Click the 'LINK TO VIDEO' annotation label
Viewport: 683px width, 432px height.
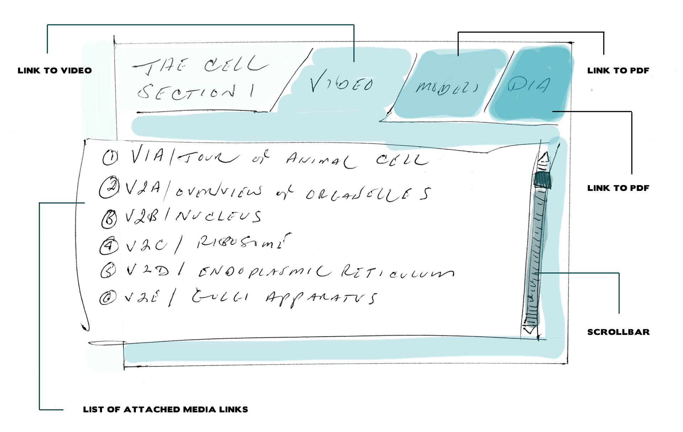point(55,70)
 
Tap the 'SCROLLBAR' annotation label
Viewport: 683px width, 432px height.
point(618,332)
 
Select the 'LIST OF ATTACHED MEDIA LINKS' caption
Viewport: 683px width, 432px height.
point(165,410)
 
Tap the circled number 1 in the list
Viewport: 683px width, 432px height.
point(110,157)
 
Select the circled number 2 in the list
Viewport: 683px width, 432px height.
point(108,187)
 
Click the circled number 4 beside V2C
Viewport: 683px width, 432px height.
point(108,245)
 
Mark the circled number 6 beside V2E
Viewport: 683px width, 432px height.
point(108,298)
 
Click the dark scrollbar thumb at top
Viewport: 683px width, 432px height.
point(542,180)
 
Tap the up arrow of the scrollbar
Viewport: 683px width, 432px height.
point(543,159)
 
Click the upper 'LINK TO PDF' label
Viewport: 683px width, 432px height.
point(618,70)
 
